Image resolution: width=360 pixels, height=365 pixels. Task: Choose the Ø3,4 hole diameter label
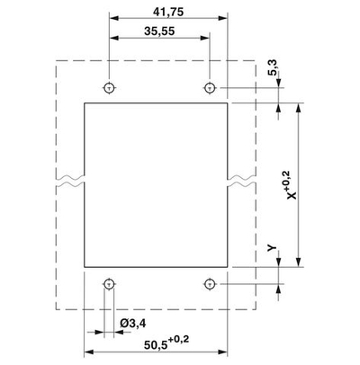(x=133, y=322)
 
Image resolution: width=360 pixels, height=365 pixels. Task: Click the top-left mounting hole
(x=109, y=88)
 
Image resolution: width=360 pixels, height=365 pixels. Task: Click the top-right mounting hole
(x=209, y=88)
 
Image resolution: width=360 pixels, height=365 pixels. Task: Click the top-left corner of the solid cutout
(x=85, y=103)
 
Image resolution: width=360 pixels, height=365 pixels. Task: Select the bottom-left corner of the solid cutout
(x=85, y=268)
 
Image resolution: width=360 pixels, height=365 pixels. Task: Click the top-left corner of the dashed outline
(x=58, y=60)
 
